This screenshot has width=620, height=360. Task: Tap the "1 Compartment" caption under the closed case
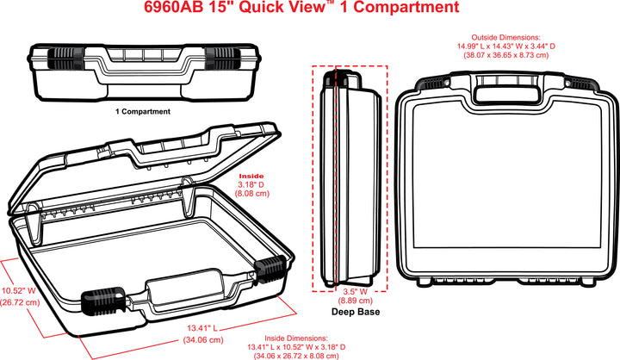point(143,111)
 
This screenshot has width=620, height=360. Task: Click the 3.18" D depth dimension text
point(252,184)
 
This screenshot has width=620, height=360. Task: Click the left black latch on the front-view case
point(63,59)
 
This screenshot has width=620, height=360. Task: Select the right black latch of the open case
point(272,269)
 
